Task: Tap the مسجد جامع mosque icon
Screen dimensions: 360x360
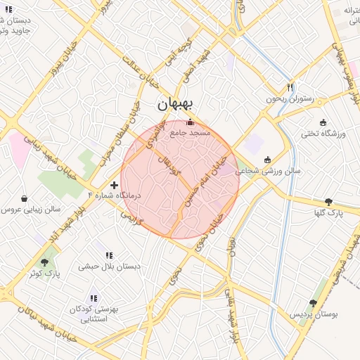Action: tap(189, 122)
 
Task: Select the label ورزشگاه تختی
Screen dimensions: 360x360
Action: tap(321, 133)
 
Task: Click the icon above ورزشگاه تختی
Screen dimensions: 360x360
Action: tap(323, 122)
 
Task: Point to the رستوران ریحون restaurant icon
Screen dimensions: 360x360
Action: tap(289, 87)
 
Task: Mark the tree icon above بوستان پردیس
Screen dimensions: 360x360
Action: tap(313, 303)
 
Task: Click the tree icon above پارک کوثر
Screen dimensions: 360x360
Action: tap(45, 262)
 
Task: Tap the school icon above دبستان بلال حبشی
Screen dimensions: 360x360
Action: tap(109, 255)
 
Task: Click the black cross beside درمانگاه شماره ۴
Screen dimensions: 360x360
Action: tap(115, 185)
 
